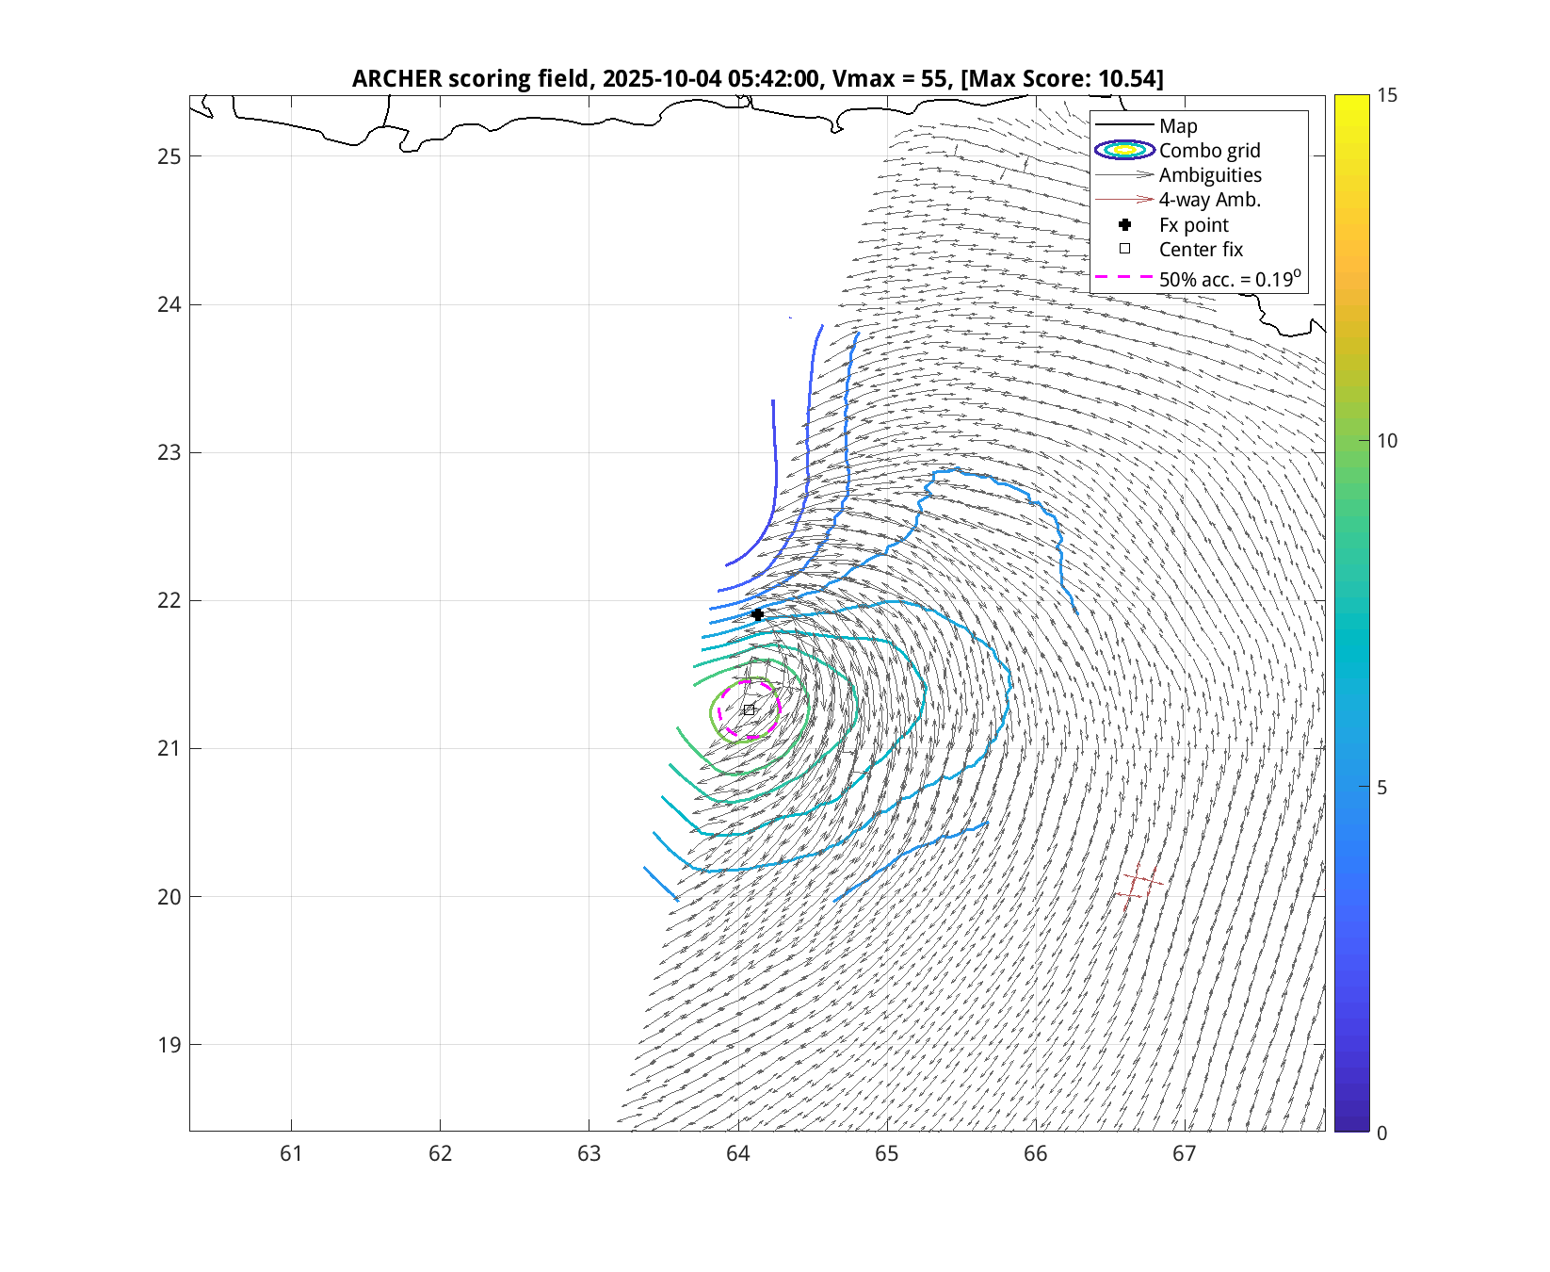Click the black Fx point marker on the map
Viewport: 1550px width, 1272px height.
coord(757,614)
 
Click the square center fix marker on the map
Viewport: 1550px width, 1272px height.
coord(749,709)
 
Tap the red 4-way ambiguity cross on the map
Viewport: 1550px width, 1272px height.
coord(1138,883)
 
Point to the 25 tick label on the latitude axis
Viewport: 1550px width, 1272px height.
coord(169,156)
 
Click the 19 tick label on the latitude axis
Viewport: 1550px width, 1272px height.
coord(169,1045)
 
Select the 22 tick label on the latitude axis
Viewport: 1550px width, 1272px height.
coord(169,601)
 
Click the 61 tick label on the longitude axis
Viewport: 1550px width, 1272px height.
coord(291,1153)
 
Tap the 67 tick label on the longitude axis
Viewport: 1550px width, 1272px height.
coord(1184,1153)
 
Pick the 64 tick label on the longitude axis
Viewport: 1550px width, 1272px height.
coord(737,1153)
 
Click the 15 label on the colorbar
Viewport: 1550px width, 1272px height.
coord(1386,95)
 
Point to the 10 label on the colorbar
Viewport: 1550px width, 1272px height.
coord(1386,441)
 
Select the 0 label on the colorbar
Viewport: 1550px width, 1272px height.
coord(1381,1133)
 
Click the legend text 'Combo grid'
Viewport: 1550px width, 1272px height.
coord(1209,151)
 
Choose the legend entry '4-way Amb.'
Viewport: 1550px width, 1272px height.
coord(1209,200)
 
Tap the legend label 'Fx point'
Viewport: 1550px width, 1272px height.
coord(1193,225)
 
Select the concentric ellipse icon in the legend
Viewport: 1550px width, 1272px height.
coord(1124,150)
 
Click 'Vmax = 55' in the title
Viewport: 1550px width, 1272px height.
coord(890,78)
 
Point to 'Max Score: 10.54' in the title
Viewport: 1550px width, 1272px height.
coord(1061,78)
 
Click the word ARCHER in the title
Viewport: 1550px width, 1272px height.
coord(396,78)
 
